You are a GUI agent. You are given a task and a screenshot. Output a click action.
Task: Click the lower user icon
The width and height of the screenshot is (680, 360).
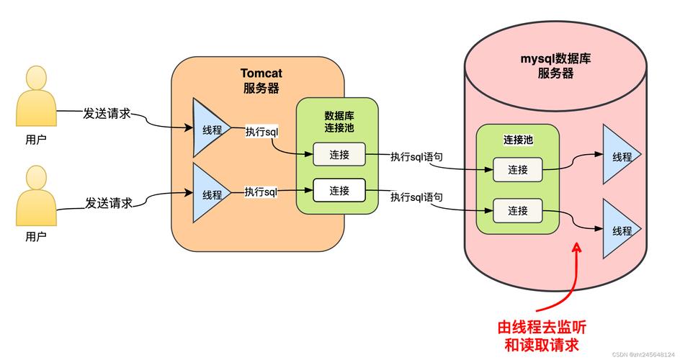(36, 195)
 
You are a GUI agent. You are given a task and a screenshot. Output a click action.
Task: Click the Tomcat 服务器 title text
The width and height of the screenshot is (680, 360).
(260, 81)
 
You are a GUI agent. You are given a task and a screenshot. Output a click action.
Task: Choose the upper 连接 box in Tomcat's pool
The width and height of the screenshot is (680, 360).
(339, 154)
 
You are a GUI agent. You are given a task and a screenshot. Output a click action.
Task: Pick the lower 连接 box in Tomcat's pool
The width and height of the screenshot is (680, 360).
(339, 190)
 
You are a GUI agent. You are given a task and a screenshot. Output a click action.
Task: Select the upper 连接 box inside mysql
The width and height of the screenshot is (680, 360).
(518, 170)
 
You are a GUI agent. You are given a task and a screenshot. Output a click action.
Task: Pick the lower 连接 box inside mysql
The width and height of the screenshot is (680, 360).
(518, 210)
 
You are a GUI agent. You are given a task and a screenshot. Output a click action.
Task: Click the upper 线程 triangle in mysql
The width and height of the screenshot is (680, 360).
(619, 156)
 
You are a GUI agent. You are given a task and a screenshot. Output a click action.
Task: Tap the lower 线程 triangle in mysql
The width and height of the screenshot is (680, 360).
(619, 230)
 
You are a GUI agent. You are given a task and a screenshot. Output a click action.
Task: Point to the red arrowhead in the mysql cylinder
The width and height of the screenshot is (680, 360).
(576, 248)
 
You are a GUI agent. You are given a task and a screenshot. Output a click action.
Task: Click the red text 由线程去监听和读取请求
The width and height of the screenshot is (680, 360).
(547, 335)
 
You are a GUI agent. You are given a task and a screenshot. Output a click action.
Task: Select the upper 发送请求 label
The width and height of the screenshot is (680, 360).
(107, 114)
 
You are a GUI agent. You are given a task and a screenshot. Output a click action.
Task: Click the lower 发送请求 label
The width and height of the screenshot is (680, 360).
(109, 203)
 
